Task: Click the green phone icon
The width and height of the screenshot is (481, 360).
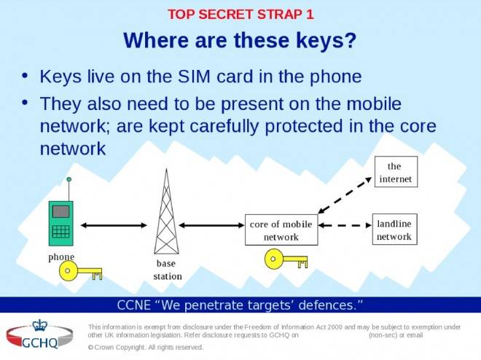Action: tap(61, 223)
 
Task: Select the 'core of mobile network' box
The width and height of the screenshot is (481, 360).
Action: tap(281, 230)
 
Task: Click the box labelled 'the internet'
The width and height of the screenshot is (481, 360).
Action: tap(396, 172)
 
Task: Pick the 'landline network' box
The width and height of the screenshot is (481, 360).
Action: tap(395, 230)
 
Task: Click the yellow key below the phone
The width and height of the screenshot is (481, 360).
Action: tap(80, 271)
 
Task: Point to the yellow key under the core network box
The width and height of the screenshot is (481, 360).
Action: tap(286, 259)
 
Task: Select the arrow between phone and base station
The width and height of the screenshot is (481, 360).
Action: tap(114, 225)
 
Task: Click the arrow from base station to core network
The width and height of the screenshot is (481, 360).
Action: tap(211, 225)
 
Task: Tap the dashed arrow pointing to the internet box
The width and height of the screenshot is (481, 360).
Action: tap(345, 195)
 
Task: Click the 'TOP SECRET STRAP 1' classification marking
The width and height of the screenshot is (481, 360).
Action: tap(240, 15)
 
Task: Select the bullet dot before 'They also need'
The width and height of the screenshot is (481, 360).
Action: tap(25, 102)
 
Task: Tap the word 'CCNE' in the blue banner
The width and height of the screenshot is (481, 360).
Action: tap(134, 305)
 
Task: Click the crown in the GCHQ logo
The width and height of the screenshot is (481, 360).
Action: tap(40, 325)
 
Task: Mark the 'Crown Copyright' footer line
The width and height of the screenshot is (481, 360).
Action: tap(146, 348)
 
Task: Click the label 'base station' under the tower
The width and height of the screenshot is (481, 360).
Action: tap(168, 270)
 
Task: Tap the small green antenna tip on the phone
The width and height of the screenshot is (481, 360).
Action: tap(69, 179)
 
